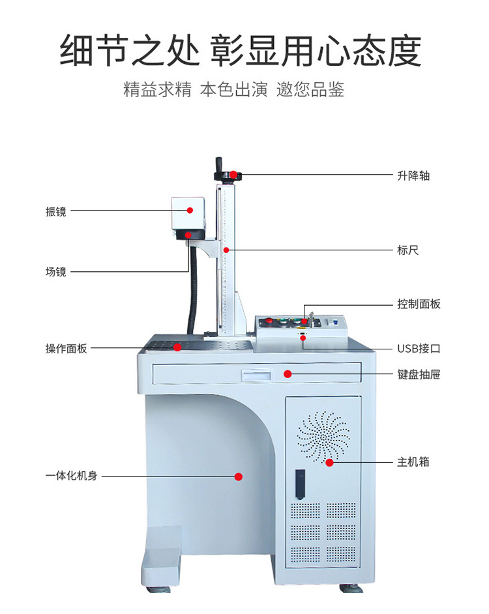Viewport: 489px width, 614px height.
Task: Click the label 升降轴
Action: click(x=413, y=176)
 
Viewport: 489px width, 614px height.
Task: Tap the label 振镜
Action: click(x=55, y=212)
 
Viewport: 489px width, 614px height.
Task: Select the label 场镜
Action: click(x=55, y=272)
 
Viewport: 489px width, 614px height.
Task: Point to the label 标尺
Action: click(x=407, y=250)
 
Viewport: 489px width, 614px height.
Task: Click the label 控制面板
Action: click(x=419, y=304)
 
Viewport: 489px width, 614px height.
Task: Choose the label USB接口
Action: click(x=419, y=349)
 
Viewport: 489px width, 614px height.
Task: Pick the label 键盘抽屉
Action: click(x=419, y=375)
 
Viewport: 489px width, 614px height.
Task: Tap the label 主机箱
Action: click(x=413, y=462)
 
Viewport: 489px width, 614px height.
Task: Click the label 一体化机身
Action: click(x=71, y=476)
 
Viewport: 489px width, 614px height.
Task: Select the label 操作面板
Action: click(x=66, y=349)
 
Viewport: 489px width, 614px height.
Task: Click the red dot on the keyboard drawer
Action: click(x=288, y=373)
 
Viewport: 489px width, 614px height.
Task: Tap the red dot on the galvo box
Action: click(x=190, y=210)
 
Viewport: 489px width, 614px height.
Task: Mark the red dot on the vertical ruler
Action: click(x=226, y=250)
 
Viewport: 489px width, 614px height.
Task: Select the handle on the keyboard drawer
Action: click(x=256, y=374)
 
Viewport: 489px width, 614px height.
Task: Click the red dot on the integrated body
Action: click(x=238, y=476)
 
